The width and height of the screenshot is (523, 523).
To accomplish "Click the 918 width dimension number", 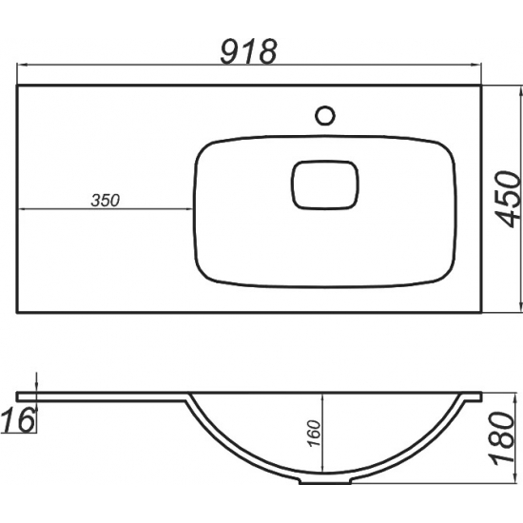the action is (x=249, y=52).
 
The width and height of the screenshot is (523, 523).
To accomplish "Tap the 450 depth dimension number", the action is (x=508, y=200).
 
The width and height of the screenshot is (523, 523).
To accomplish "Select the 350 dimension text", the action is (x=105, y=200).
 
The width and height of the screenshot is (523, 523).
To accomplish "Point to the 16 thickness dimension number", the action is (x=18, y=420).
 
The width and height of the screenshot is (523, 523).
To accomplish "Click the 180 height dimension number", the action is (x=503, y=437).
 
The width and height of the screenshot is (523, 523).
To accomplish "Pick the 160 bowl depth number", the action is (x=313, y=433).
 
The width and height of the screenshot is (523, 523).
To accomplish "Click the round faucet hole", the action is (x=325, y=115).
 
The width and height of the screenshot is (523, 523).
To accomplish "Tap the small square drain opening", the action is (x=325, y=185).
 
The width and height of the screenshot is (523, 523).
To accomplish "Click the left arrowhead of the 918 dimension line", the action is (x=22, y=65).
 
